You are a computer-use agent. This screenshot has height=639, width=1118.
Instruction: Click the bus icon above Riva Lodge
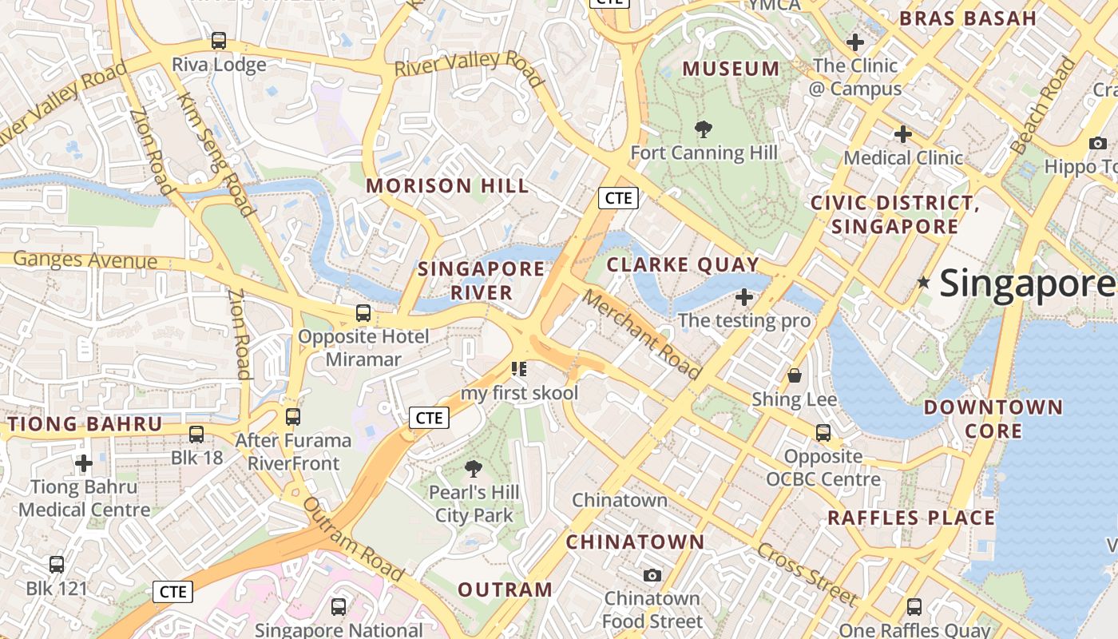[218, 41]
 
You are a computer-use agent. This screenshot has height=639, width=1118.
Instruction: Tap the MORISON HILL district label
[447, 186]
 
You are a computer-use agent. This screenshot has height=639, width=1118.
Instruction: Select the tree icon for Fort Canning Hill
[704, 129]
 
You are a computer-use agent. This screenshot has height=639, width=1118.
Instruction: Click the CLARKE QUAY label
[683, 264]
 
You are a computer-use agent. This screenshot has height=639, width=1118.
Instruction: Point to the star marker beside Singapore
[924, 282]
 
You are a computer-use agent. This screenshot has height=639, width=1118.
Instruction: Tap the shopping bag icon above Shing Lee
[795, 375]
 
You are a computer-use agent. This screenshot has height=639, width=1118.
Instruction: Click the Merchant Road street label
[641, 334]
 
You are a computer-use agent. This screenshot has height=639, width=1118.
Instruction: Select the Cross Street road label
[807, 574]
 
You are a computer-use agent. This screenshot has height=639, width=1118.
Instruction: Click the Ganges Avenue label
[85, 260]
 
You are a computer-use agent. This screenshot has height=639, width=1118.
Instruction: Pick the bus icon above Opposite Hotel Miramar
[363, 313]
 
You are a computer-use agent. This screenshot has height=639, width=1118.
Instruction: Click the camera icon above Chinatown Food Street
[652, 575]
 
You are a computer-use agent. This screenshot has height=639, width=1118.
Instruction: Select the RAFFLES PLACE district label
[911, 518]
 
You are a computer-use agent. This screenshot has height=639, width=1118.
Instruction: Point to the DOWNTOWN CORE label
[993, 419]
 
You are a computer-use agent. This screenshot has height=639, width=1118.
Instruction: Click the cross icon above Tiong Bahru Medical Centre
[84, 463]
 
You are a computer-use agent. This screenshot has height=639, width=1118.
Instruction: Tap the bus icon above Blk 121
[57, 565]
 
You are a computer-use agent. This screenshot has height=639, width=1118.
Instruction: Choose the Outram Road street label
[353, 540]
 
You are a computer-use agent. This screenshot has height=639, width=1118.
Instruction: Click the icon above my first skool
[519, 369]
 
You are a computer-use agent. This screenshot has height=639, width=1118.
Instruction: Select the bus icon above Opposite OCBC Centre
[823, 433]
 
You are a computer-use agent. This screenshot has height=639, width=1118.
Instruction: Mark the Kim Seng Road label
[216, 155]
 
